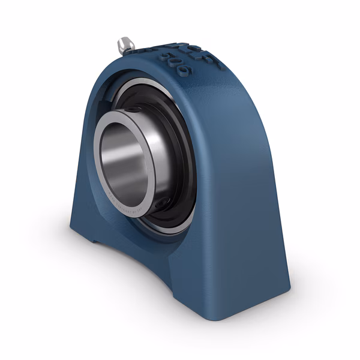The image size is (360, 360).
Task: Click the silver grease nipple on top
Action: point(125,43)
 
